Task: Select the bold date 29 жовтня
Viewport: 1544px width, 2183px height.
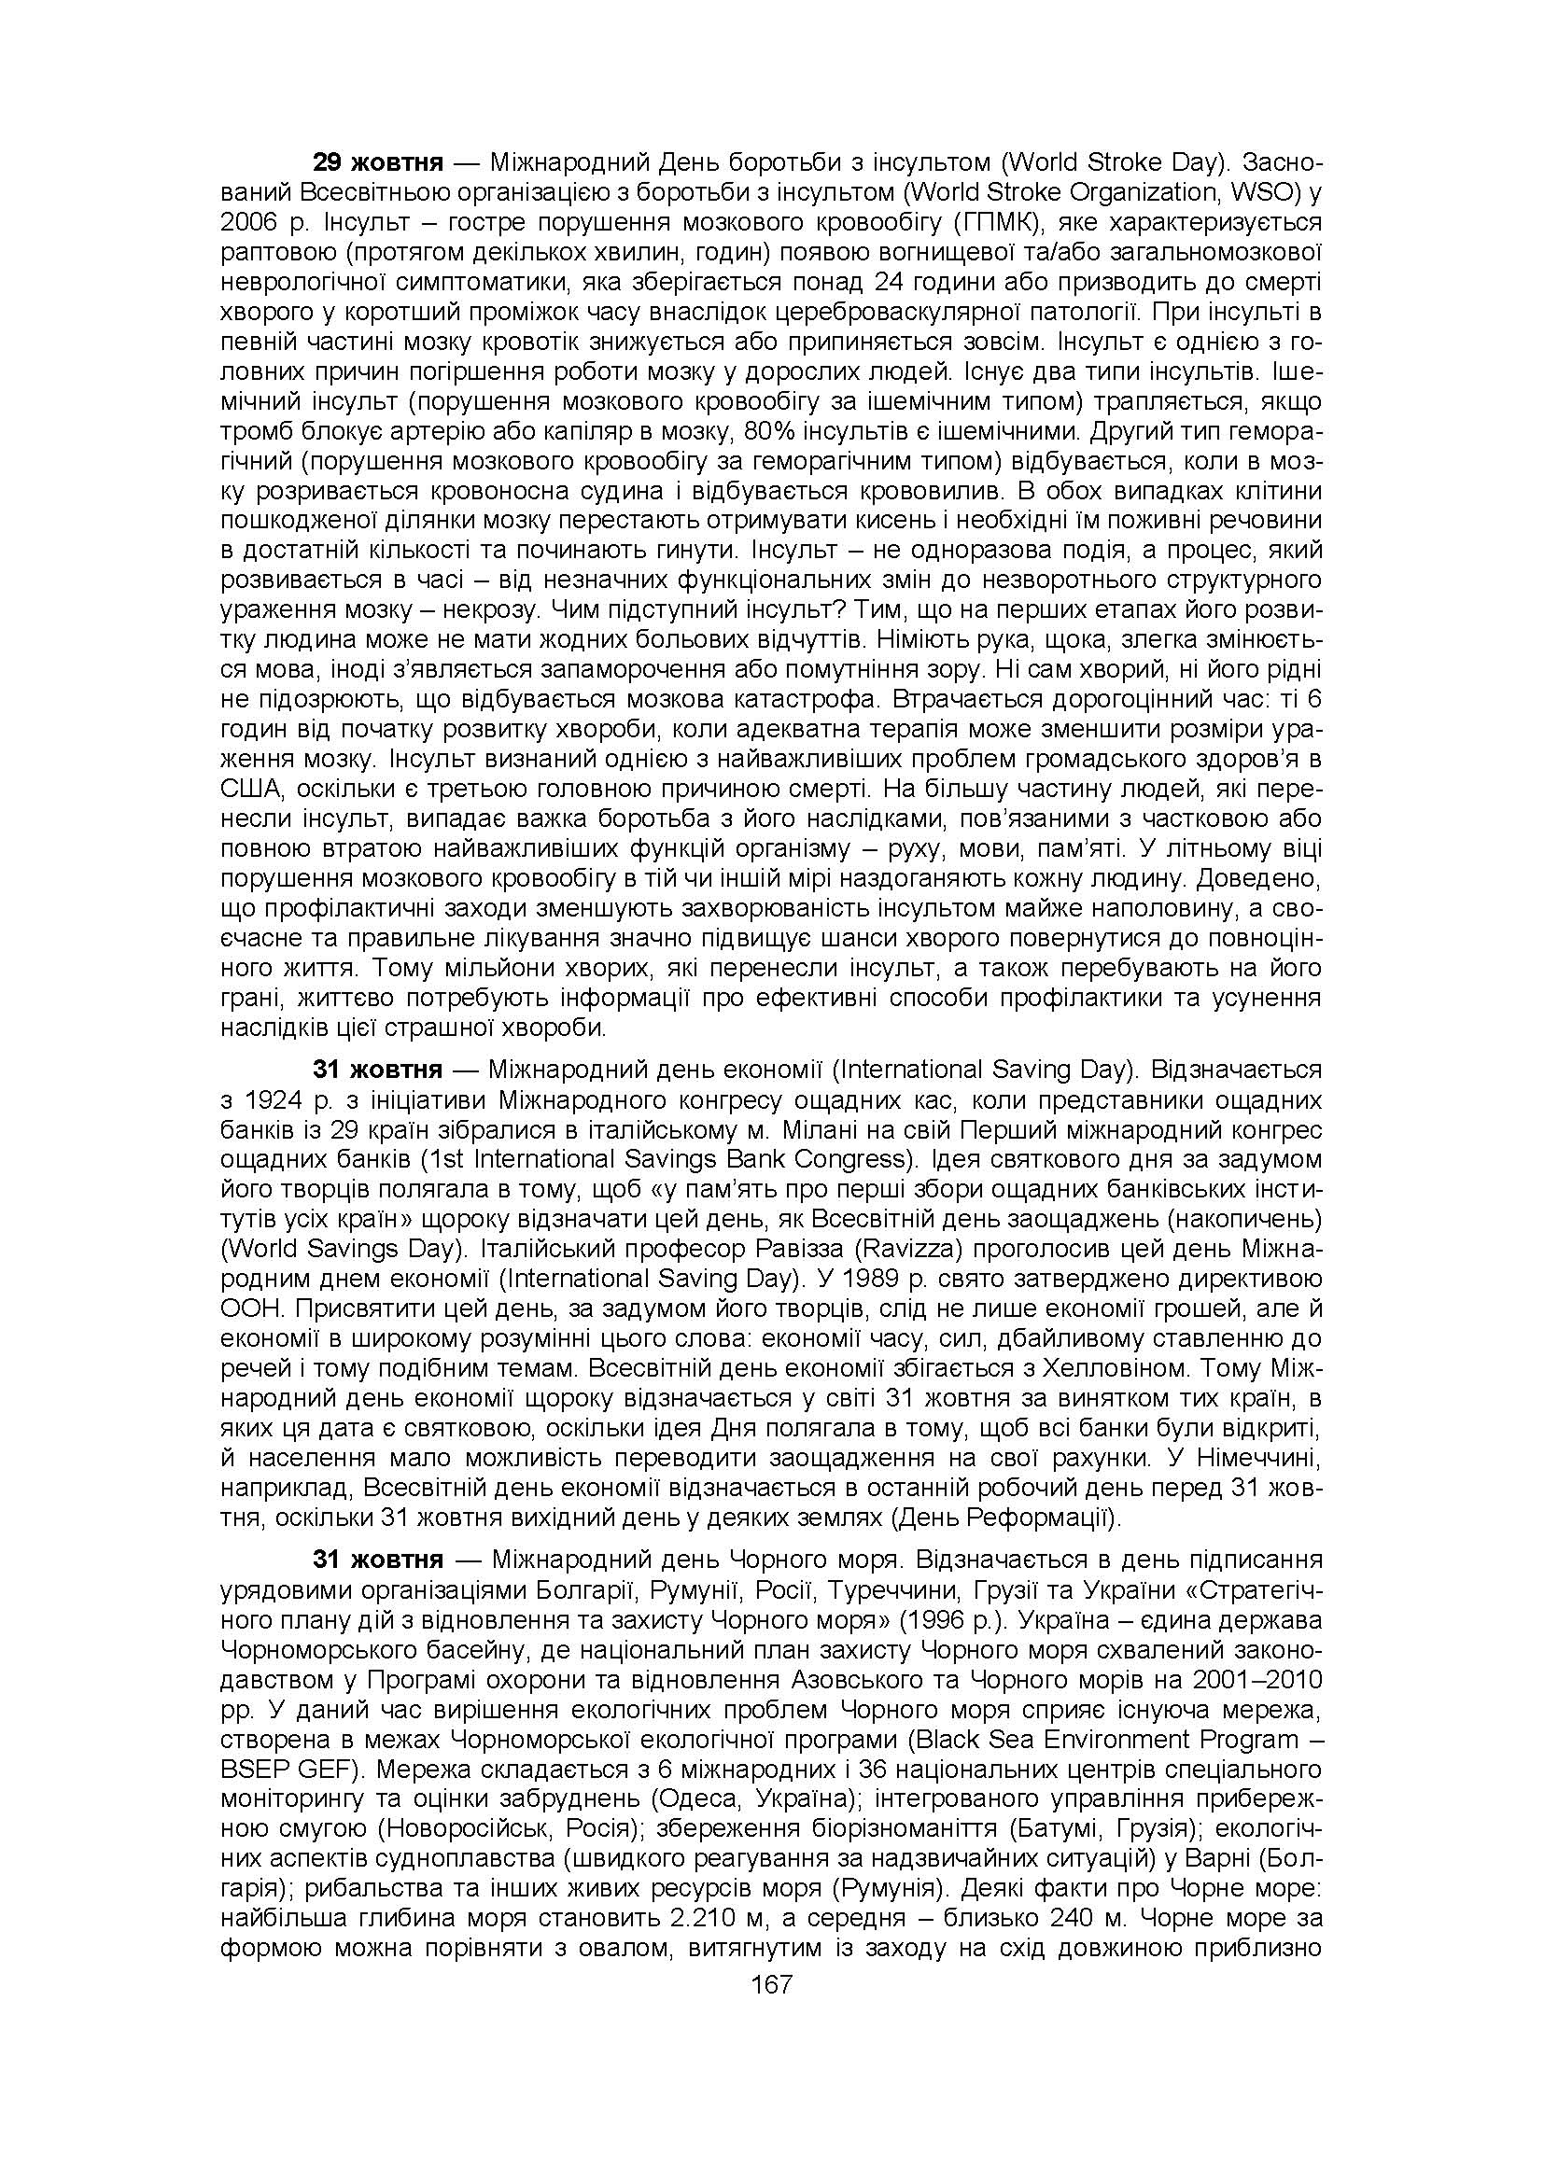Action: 377,161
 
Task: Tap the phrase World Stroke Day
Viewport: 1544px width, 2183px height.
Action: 1109,161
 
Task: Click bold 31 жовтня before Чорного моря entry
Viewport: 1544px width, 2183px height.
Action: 377,1560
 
